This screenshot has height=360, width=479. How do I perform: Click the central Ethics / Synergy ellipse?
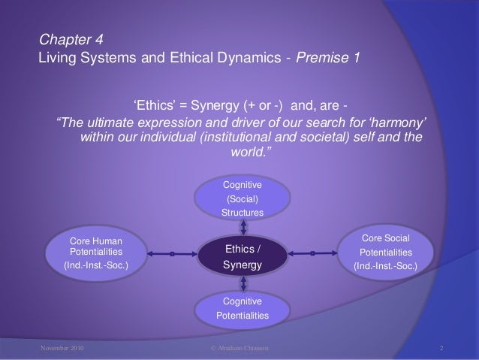[x=242, y=257]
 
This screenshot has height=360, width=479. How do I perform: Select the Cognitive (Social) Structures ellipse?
[x=242, y=199]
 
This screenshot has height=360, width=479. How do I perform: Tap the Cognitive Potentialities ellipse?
[x=242, y=308]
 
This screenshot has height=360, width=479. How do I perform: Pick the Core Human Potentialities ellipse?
[x=95, y=253]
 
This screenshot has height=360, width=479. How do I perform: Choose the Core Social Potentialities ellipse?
[x=386, y=253]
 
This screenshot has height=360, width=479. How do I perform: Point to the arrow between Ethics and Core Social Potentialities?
[x=312, y=253]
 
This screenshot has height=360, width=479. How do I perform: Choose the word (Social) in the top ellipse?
[x=242, y=199]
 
